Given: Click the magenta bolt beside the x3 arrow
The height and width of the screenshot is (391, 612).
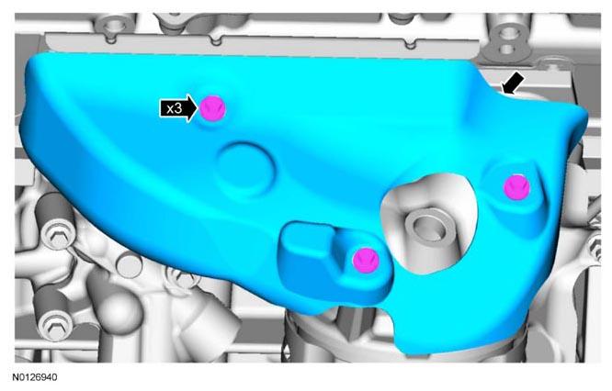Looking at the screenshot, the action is pos(212,108).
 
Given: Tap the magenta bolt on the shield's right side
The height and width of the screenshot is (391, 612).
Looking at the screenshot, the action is pos(516,187).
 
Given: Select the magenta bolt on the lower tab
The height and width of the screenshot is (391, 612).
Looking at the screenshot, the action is pos(366,260).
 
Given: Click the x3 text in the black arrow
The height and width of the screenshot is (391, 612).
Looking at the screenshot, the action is pos(174,108).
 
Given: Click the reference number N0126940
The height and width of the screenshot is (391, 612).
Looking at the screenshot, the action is pos(34,377).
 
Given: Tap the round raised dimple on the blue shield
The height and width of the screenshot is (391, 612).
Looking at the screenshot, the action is pos(246,169).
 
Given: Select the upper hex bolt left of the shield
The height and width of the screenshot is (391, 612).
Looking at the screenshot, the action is pos(57,237).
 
